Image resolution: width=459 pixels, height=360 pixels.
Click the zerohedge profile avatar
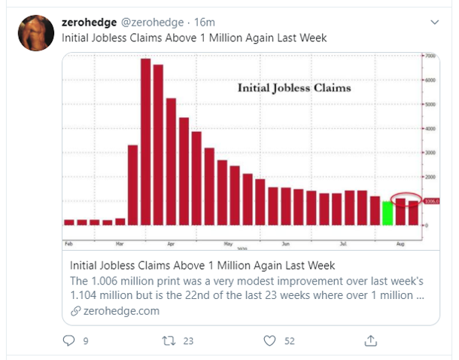coord(35,32)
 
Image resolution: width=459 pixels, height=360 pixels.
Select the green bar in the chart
coord(388,213)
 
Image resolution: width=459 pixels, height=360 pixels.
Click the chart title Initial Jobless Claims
coord(294,88)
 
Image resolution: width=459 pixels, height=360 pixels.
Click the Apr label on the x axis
coord(171,245)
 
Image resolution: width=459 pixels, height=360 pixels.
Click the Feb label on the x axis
coord(69,245)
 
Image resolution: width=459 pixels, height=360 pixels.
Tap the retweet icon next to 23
coord(168,341)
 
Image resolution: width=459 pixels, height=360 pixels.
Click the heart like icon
coord(269,341)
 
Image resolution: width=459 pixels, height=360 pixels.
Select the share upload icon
coord(369,341)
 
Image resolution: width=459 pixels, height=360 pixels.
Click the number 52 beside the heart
coord(290,341)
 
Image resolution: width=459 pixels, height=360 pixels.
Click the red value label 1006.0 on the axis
coord(430,201)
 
